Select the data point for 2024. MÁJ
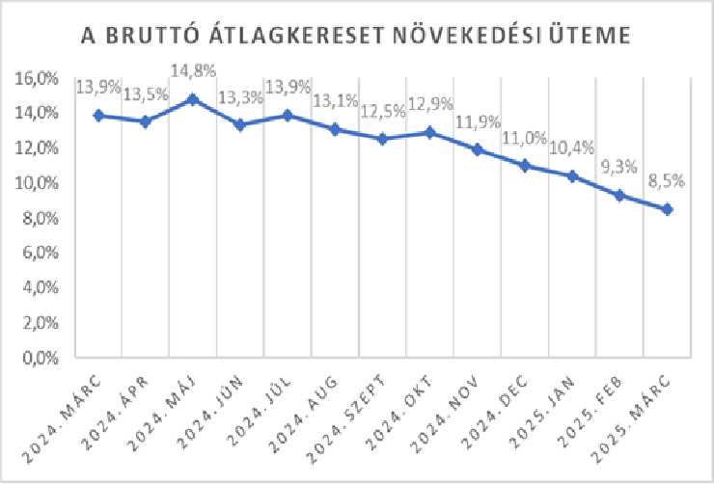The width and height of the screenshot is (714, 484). pos(193,99)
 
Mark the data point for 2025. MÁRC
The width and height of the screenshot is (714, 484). pos(667,209)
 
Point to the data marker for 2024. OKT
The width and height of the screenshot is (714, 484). pos(430,132)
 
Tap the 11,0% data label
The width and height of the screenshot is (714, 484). pos(525,137)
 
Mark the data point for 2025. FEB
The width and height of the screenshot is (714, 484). pos(619,196)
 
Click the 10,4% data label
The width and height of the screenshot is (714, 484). pos(572,148)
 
